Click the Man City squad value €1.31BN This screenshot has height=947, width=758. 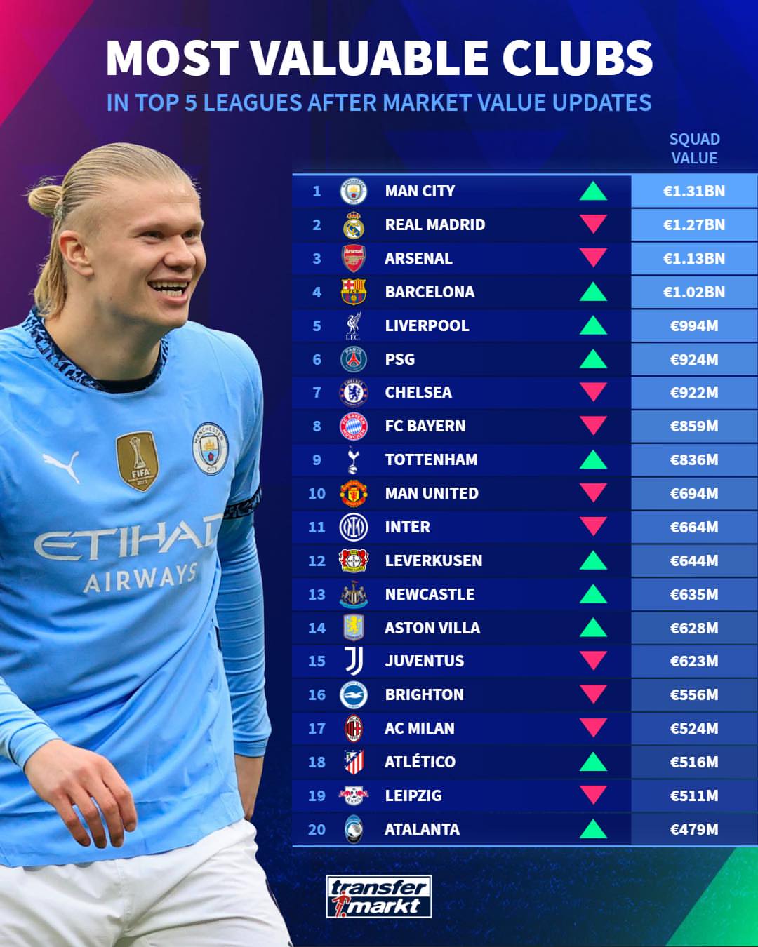click(694, 191)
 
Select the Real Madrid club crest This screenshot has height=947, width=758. click(354, 225)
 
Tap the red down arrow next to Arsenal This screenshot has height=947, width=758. click(593, 257)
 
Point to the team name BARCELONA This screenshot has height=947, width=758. click(430, 292)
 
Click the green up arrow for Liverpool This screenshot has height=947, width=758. click(593, 325)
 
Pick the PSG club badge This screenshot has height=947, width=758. click(354, 359)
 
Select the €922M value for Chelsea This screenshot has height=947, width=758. click(694, 393)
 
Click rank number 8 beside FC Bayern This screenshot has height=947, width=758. click(317, 427)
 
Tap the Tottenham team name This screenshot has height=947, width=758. click(431, 459)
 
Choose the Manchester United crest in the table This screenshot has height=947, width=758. click(354, 493)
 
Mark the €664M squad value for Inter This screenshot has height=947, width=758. click(694, 527)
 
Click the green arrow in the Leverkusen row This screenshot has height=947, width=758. click(593, 560)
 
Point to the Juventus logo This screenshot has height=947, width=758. click(354, 661)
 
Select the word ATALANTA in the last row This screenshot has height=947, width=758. click(422, 829)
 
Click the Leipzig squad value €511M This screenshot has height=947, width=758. click(694, 795)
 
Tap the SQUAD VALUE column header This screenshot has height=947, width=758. click(694, 149)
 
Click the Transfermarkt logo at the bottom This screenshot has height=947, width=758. click(379, 896)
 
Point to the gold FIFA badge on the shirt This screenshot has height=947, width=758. click(138, 461)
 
